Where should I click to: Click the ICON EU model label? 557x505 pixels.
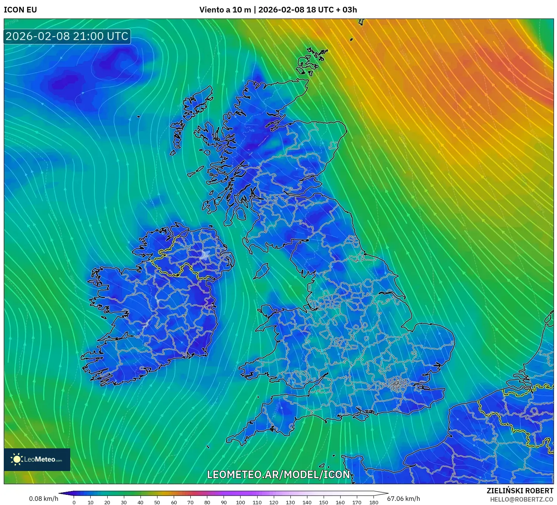coord(20,10)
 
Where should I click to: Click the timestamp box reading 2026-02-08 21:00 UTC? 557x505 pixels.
coord(67,36)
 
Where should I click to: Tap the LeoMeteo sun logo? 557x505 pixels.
coord(17,459)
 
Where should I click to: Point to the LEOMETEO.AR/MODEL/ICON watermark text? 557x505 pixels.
coord(278,474)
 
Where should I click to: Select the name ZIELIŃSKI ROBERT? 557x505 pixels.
coord(520,491)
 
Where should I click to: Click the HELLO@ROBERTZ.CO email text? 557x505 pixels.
coord(522,499)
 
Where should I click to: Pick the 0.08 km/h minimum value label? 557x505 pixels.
coord(43,499)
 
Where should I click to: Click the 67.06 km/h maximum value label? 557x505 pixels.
coord(403,499)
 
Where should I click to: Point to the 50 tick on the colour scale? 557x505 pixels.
coord(157,502)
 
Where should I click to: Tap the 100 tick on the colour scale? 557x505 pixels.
coord(241,502)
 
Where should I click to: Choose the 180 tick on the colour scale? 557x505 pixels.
coord(373,502)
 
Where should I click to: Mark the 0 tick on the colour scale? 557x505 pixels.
coord(74,502)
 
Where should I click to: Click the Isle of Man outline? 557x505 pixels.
coord(261,271)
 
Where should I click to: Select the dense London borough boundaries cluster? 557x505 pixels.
coord(397,385)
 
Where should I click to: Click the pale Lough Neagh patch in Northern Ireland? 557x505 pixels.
coord(205,255)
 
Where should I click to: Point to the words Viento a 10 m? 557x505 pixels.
coord(225,10)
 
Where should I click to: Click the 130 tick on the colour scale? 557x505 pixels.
coord(290,502)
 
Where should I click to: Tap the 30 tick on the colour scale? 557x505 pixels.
coord(124,502)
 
